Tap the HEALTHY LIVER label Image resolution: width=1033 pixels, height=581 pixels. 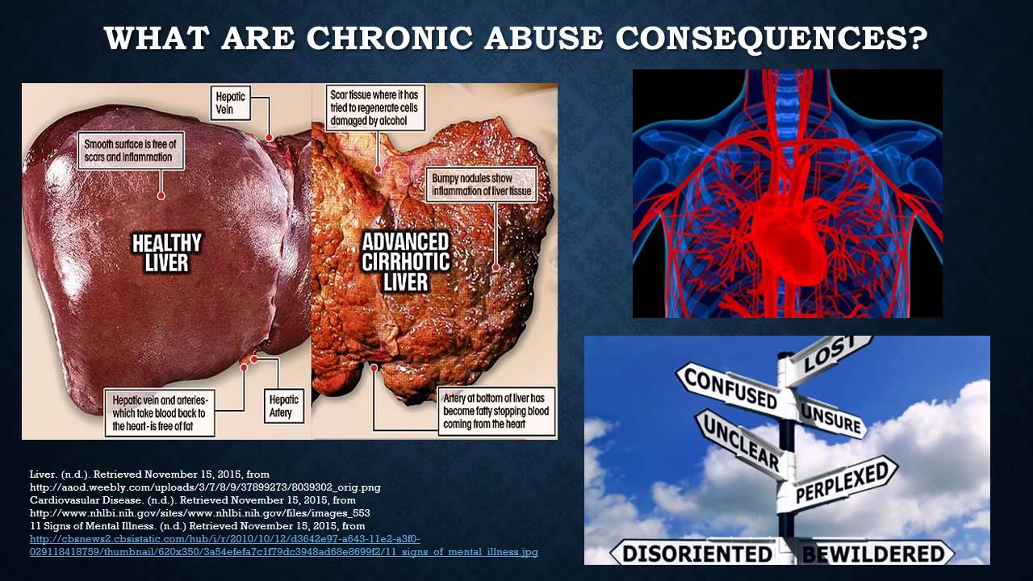coord(167,253)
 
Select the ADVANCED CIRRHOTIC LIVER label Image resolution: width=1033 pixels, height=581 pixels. coord(405,261)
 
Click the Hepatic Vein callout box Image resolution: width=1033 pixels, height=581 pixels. coord(231,102)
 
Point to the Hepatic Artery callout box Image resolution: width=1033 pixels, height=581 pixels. coord(283,405)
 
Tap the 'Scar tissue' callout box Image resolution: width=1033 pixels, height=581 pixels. coord(377,108)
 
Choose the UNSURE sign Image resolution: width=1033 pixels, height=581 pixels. coord(831,416)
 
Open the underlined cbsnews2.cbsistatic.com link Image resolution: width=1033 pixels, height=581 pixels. coord(225,539)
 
